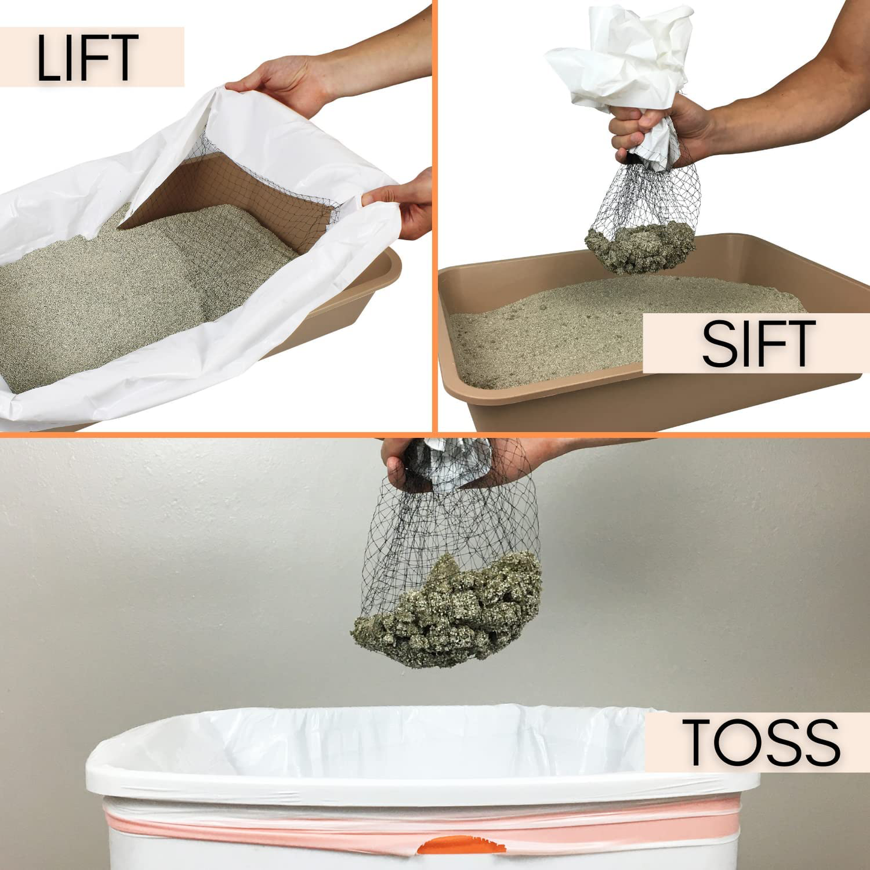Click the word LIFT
pyautogui.click(x=88, y=58)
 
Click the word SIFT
pyautogui.click(x=758, y=344)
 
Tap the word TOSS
pyautogui.click(x=760, y=742)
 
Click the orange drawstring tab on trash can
pyautogui.click(x=461, y=845)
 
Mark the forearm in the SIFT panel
pyautogui.click(x=783, y=90)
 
